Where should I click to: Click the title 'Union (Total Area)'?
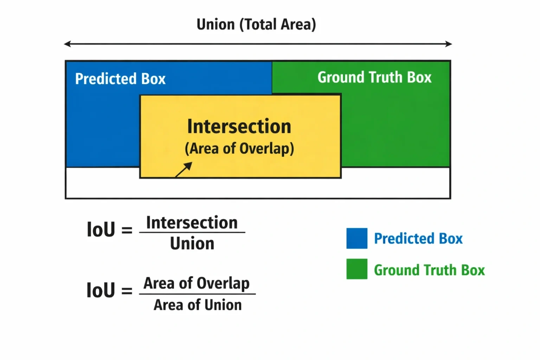pyautogui.click(x=256, y=25)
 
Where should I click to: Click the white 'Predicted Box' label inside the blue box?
pyautogui.click(x=120, y=79)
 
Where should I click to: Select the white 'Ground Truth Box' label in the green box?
pyautogui.click(x=374, y=77)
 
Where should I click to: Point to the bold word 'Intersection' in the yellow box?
pyautogui.click(x=239, y=126)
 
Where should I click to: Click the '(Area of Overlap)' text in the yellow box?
pyautogui.click(x=239, y=148)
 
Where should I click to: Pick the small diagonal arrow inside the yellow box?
pyautogui.click(x=184, y=169)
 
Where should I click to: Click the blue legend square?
pyautogui.click(x=357, y=238)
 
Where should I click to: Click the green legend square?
pyautogui.click(x=357, y=269)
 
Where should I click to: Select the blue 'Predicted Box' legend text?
pyautogui.click(x=418, y=239)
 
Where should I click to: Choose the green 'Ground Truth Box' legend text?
pyautogui.click(x=429, y=270)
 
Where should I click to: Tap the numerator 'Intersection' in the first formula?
pyautogui.click(x=192, y=223)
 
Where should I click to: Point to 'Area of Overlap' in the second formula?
pyautogui.click(x=197, y=283)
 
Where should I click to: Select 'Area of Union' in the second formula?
pyautogui.click(x=198, y=305)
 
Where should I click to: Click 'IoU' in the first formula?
pyautogui.click(x=101, y=229)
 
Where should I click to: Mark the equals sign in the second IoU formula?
pyautogui.click(x=127, y=291)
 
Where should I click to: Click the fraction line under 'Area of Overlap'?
pyautogui.click(x=198, y=294)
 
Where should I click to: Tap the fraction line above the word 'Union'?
pyautogui.click(x=192, y=232)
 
